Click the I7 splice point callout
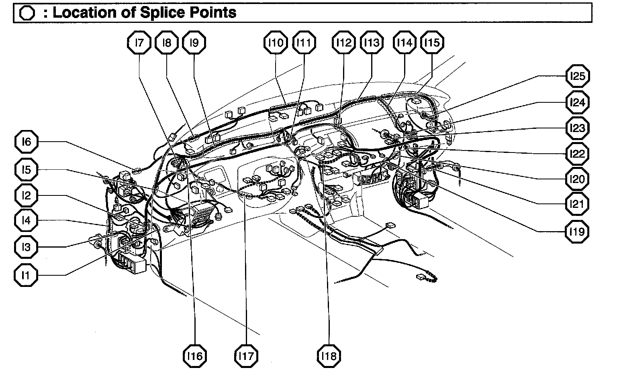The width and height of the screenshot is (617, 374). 139,43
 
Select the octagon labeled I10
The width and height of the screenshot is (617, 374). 276,43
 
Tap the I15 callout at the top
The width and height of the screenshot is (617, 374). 432,43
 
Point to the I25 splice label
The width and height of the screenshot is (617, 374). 577,76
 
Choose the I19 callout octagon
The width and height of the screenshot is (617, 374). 577,231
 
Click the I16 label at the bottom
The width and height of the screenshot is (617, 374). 195,356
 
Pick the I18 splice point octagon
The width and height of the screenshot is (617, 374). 329,356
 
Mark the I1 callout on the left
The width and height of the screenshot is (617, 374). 26,275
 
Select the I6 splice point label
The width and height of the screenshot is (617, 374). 26,142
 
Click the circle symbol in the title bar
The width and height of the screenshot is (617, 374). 27,13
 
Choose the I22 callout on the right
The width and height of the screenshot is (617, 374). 577,154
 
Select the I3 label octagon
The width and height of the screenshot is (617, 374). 26,247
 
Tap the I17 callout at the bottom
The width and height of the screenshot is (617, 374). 246,356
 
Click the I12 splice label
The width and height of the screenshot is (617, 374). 344,43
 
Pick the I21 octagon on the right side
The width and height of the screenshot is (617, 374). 577,204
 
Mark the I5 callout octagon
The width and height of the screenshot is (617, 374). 26,170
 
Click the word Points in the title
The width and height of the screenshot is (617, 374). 212,12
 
